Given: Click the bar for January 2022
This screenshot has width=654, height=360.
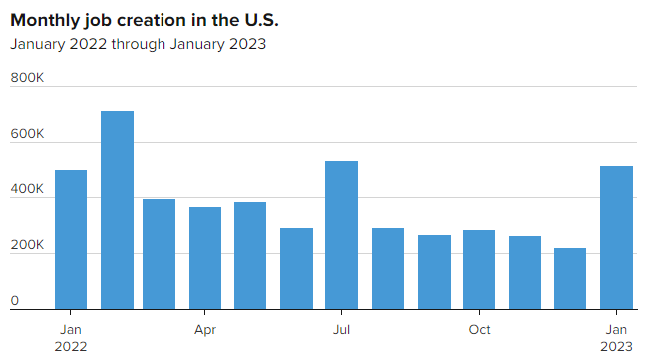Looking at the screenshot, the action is (71, 239).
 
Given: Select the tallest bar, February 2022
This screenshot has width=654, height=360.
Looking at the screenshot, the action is (118, 210).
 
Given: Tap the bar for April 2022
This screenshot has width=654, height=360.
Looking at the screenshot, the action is (205, 258).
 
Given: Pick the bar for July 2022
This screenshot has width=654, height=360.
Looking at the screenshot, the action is (342, 235).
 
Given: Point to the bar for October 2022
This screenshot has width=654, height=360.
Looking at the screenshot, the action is (480, 270).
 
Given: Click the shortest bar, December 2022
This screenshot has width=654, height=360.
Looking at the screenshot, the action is (570, 279).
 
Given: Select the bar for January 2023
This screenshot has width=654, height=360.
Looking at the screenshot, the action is (616, 237).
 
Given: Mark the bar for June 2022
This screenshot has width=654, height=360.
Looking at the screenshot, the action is (296, 269).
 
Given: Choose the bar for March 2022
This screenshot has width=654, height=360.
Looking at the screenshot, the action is (159, 254).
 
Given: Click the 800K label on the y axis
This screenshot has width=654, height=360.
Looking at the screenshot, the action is (27, 78).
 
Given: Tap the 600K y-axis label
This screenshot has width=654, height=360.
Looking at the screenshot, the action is (27, 134).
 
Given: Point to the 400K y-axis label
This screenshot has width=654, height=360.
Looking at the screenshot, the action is (27, 189).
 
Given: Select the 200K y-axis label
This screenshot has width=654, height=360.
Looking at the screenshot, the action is (27, 245).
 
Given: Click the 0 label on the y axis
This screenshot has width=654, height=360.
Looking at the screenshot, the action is (15, 301).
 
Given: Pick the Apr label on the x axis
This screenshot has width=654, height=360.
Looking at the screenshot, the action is (205, 330).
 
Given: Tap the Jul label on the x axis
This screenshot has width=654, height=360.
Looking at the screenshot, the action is (341, 330).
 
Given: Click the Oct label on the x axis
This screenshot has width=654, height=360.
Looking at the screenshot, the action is (479, 330).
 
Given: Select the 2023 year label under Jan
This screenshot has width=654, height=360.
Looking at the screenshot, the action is (616, 347).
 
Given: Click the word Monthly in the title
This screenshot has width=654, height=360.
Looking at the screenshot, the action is (45, 21).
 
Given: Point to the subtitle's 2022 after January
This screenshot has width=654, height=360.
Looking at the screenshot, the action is (88, 44).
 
